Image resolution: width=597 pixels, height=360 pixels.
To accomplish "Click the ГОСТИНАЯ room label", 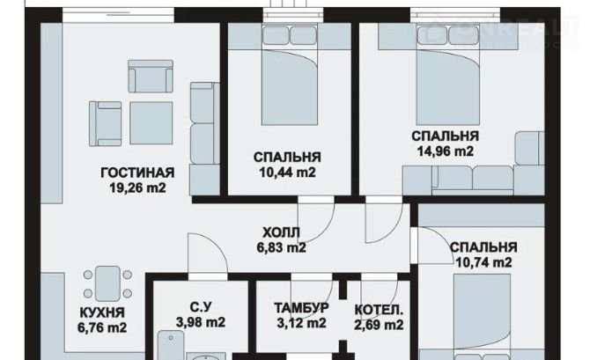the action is (x=137, y=173).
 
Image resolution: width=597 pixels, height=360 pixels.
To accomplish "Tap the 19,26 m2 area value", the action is (x=138, y=187).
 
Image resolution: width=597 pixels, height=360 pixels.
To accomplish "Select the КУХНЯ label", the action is (x=102, y=312).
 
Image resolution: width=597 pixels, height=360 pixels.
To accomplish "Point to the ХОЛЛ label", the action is (x=282, y=232).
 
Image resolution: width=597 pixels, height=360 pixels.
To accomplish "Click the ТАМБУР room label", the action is (x=301, y=307).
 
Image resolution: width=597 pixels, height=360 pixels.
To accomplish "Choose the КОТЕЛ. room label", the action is (x=379, y=310).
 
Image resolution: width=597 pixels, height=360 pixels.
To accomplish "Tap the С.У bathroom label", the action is (x=200, y=306).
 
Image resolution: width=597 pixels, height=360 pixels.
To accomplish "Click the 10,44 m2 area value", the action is (x=287, y=173).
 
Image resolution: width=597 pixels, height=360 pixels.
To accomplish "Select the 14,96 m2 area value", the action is (x=446, y=151).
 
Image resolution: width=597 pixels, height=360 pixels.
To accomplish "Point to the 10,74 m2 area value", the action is (x=483, y=262).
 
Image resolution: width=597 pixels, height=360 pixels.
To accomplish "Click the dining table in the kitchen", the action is (x=107, y=283).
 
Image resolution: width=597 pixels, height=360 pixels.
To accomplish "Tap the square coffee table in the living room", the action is (x=151, y=123).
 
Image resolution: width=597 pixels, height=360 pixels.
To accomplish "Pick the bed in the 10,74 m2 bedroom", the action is (x=482, y=317).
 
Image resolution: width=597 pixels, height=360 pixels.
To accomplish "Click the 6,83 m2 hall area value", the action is (x=282, y=247).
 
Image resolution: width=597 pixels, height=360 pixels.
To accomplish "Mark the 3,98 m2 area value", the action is (x=201, y=322).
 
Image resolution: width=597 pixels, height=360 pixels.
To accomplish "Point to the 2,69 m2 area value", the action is (x=379, y=325).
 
